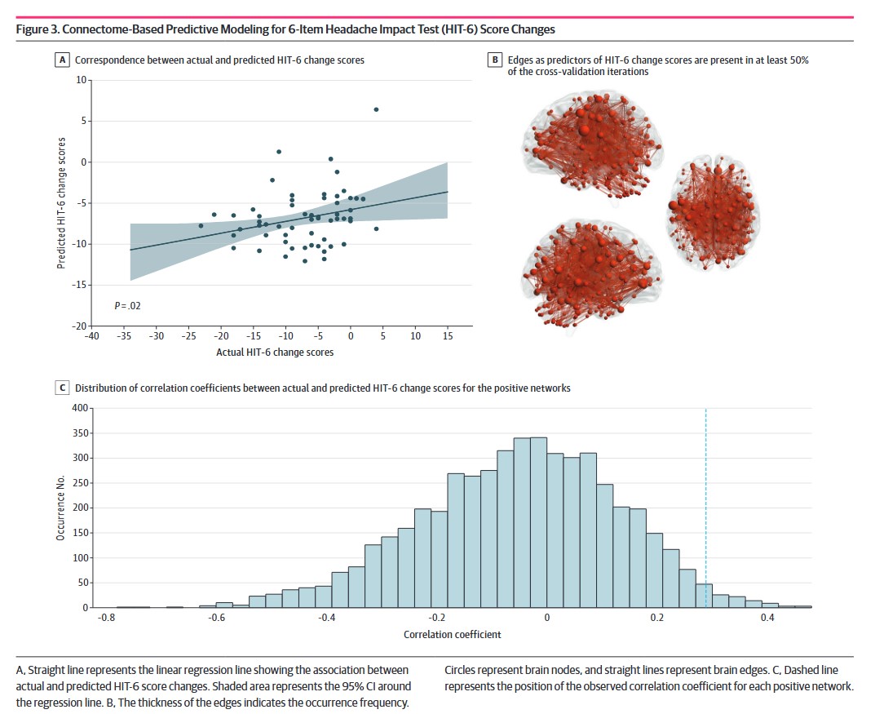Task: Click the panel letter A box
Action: pyautogui.click(x=62, y=60)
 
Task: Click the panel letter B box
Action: pyautogui.click(x=494, y=60)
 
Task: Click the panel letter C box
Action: pyautogui.click(x=62, y=388)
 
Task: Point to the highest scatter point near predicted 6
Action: pyautogui.click(x=376, y=109)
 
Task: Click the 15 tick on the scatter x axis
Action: pyautogui.click(x=448, y=336)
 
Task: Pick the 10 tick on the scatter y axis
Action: pyautogui.click(x=81, y=80)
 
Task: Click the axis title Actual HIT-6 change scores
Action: pyautogui.click(x=274, y=353)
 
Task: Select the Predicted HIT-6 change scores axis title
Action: pyautogui.click(x=61, y=203)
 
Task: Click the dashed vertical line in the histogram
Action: pyautogui.click(x=705, y=506)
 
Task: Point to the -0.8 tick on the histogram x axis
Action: pyautogui.click(x=104, y=619)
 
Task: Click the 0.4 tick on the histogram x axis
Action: pyautogui.click(x=767, y=619)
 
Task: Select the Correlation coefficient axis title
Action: pyautogui.click(x=453, y=634)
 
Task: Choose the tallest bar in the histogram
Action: pyautogui.click(x=538, y=522)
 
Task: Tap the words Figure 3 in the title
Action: pyautogui.click(x=41, y=29)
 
